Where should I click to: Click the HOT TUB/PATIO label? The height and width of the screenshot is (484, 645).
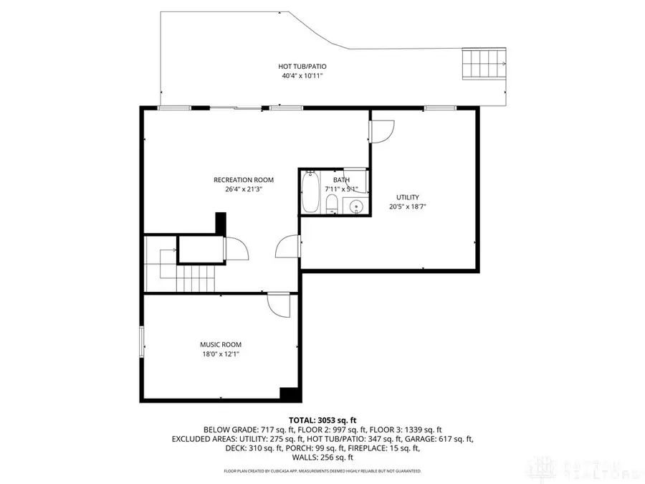[298, 67]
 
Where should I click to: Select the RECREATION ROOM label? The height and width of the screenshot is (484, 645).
[243, 180]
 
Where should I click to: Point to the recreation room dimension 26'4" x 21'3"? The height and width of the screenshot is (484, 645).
[243, 189]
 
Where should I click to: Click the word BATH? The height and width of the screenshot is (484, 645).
[341, 180]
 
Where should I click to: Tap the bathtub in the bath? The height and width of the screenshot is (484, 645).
[310, 192]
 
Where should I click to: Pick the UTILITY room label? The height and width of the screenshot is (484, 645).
[408, 197]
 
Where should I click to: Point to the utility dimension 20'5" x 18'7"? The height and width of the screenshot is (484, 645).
[408, 207]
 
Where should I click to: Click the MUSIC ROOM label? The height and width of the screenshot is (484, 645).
[221, 345]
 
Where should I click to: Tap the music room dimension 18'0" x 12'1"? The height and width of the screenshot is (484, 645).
[221, 354]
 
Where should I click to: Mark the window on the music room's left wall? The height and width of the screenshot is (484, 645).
[142, 342]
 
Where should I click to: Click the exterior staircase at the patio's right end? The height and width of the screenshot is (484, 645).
[485, 66]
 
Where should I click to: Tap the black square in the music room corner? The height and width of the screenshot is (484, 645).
[290, 395]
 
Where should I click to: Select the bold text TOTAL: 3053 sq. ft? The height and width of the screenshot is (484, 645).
[322, 420]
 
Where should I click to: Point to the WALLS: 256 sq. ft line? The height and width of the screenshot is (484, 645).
[322, 457]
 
